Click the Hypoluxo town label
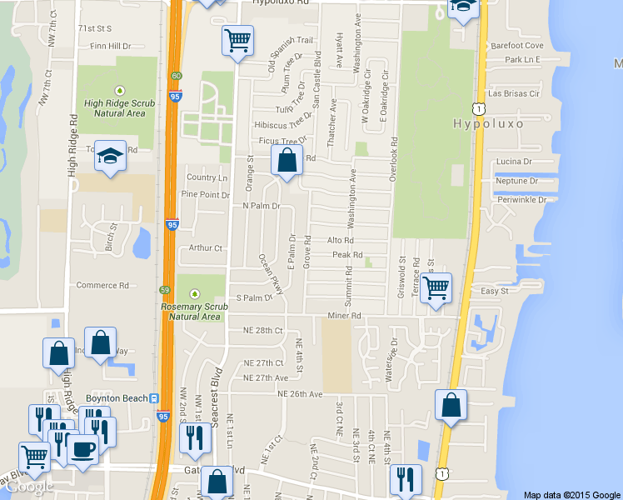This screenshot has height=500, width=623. [491, 123]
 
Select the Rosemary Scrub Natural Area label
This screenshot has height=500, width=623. [194, 311]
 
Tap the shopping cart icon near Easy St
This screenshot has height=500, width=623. [435, 290]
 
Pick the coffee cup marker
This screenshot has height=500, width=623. [82, 448]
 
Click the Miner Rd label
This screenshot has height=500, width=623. [344, 316]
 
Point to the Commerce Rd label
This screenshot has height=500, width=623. [102, 285]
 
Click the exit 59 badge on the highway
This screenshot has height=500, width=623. [165, 289]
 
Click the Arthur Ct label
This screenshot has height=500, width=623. [206, 247]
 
